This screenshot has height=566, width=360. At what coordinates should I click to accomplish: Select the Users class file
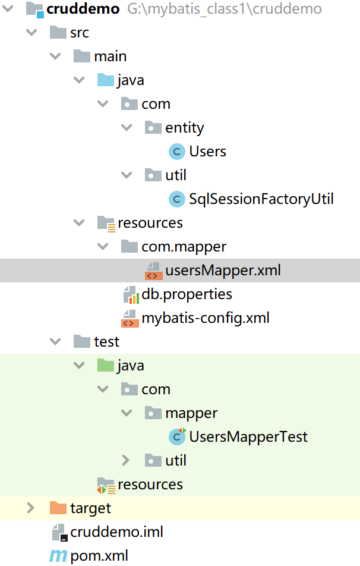pyautogui.click(x=207, y=152)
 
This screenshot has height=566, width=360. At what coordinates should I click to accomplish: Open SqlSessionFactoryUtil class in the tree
pyautogui.click(x=261, y=199)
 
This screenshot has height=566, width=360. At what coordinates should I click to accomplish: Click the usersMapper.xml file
pyautogui.click(x=223, y=271)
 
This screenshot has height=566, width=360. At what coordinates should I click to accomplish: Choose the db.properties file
pyautogui.click(x=187, y=294)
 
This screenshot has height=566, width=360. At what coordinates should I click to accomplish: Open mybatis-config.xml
pyautogui.click(x=205, y=318)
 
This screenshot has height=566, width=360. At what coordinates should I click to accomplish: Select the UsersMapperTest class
pyautogui.click(x=248, y=437)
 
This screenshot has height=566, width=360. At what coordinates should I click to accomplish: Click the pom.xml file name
pyautogui.click(x=99, y=556)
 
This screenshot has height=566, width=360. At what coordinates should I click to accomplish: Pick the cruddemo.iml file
pyautogui.click(x=116, y=532)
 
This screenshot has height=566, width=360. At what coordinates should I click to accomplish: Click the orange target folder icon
pyautogui.click(x=58, y=508)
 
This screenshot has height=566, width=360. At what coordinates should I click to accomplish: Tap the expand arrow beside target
pyautogui.click(x=31, y=508)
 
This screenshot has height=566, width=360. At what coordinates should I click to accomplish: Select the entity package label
pyautogui.click(x=184, y=128)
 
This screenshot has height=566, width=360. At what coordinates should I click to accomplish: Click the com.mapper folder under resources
pyautogui.click(x=184, y=247)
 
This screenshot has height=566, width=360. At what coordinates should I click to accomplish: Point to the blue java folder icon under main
pyautogui.click(x=105, y=80)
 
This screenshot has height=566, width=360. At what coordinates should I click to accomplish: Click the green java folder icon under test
pyautogui.click(x=105, y=366)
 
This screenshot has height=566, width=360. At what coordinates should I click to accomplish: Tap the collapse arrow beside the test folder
pyautogui.click(x=55, y=342)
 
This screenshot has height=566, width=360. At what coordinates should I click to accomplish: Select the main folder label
pyautogui.click(x=110, y=56)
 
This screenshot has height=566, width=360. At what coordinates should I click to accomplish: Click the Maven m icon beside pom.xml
pyautogui.click(x=58, y=556)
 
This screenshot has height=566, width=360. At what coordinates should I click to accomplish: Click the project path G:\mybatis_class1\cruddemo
pyautogui.click(x=225, y=9)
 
